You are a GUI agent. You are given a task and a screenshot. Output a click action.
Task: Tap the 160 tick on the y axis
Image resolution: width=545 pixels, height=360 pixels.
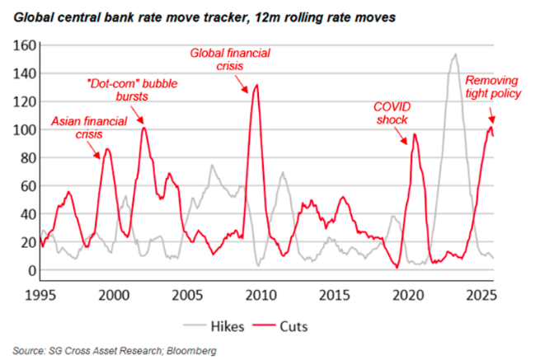22,45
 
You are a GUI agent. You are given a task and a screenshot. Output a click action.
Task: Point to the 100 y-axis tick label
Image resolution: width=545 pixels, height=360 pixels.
22,130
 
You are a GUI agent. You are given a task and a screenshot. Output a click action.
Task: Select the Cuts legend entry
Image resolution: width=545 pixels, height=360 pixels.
293,326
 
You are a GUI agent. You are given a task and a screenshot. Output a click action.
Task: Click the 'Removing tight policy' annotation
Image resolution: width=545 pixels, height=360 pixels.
494,86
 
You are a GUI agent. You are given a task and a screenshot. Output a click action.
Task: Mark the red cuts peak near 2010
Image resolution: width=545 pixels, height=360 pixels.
256,86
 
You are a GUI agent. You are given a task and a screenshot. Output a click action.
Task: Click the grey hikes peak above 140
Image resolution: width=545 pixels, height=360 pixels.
455,55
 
